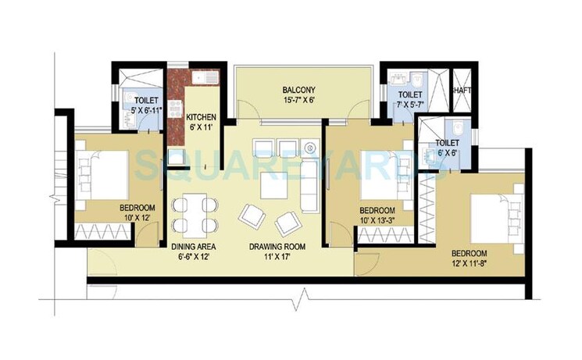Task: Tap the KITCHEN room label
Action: tap(201, 118)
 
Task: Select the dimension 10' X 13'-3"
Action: tap(377, 222)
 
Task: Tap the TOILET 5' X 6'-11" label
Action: tap(146, 107)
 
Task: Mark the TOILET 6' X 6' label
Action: tap(447, 148)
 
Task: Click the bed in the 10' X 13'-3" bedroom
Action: tap(383, 177)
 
